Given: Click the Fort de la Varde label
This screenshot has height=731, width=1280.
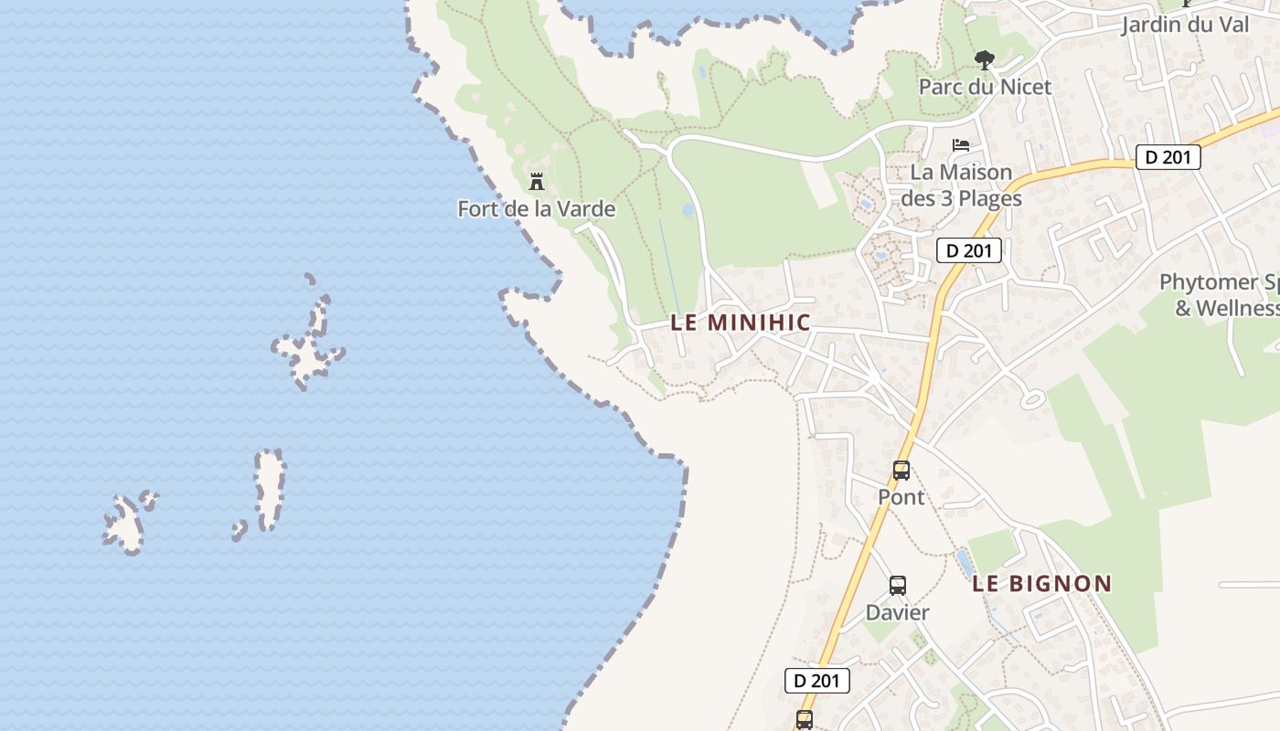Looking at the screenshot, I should pos(536,209).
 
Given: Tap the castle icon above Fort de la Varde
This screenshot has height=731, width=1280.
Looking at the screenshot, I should pos(537,181).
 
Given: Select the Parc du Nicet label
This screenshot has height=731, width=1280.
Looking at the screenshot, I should pos(985,87).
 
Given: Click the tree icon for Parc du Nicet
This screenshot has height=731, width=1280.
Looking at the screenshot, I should pos(985,61).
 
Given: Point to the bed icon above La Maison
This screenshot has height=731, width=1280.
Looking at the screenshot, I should pos(961,145).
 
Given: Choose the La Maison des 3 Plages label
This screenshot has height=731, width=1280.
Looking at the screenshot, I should pos(961,185).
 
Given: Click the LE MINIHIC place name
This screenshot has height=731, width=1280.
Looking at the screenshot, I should pos(741,323).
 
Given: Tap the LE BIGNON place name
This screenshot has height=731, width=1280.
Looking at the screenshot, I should pos(1041,584).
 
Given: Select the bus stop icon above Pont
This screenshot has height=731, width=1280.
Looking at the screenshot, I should pos(901,471).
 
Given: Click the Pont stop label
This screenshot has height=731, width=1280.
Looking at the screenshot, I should pos(901,497).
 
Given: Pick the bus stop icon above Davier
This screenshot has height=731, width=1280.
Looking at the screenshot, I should pos(898,586).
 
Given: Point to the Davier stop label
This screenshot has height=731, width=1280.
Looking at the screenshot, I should pos(897,612).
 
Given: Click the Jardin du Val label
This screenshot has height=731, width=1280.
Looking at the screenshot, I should pos(1185,25).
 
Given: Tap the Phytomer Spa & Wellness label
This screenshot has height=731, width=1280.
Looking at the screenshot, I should pos(1221,295).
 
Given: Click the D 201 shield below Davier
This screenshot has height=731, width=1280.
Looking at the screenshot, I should pos(817,681).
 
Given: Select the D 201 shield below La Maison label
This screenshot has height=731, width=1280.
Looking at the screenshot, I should pos(969,250).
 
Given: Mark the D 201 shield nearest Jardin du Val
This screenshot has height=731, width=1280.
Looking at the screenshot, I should pos(1168,157).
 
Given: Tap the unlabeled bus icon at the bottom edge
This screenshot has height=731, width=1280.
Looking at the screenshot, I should pos(805,720).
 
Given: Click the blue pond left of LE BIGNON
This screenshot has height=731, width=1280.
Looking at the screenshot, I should pos(964,564).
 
